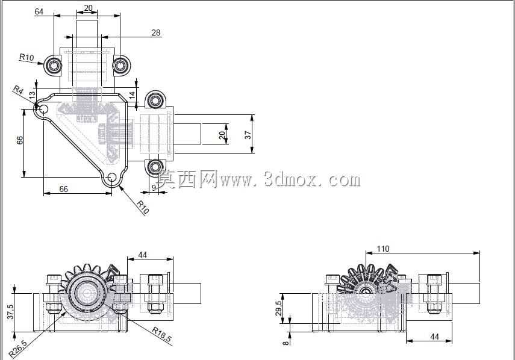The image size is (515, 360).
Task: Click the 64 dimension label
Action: pos(39,11)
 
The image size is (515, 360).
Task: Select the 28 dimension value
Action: pos(155,33)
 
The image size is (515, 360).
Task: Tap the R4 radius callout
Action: pos(19,90)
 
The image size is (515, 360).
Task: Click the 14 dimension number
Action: pos(132,95)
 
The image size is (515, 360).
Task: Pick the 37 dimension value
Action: pos(248,135)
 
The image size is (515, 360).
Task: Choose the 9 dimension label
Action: pos(154,188)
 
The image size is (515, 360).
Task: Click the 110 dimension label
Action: pos(382,249)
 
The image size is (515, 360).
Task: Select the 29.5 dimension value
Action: pos(278,308)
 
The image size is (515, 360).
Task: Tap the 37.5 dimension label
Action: pos(10,312)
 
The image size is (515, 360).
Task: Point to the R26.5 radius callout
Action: pos(17,348)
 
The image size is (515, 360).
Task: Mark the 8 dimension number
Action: pos(286,343)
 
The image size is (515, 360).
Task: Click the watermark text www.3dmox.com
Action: pos(290,180)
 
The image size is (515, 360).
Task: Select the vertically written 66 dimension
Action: pos(20,140)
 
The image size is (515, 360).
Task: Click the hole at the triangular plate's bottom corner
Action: pos(112,177)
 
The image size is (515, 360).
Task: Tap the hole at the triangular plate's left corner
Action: pos(44,109)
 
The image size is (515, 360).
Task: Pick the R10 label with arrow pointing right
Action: pos(27,57)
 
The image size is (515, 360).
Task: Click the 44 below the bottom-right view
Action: pos(434,337)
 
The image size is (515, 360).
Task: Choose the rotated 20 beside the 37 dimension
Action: pos(222,135)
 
